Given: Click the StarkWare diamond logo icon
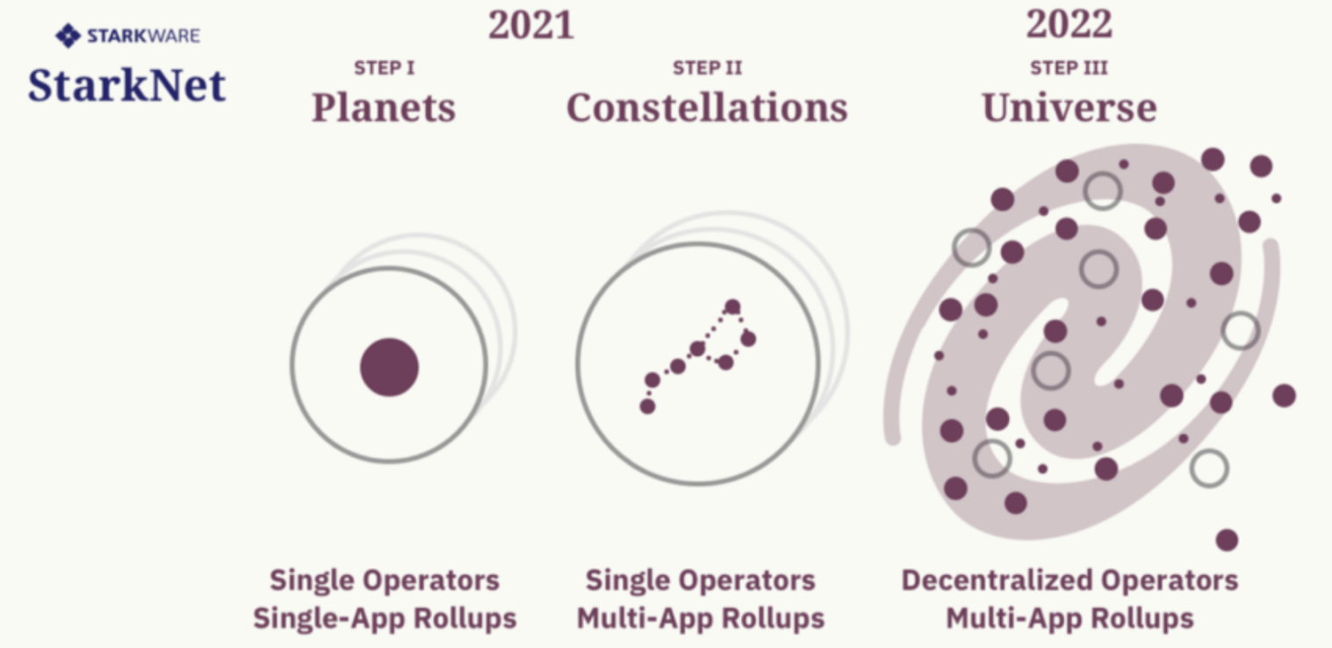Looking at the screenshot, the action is click(x=68, y=36).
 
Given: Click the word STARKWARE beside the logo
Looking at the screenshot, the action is click(x=143, y=36).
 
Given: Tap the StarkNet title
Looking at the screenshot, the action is click(x=126, y=85).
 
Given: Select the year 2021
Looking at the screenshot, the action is click(x=531, y=25).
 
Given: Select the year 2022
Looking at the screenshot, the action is click(x=1069, y=25).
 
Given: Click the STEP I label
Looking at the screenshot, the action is click(x=384, y=68).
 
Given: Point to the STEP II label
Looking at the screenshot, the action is click(x=707, y=68).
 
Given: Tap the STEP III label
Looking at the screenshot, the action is click(x=1069, y=68).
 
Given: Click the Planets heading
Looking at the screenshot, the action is click(x=384, y=108).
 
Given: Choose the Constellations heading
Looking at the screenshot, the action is click(x=707, y=108).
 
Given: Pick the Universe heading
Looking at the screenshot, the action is click(x=1069, y=108).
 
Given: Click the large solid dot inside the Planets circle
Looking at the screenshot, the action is click(x=390, y=367).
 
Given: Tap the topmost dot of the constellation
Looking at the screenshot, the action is click(x=732, y=306).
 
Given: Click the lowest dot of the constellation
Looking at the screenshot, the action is click(x=648, y=407).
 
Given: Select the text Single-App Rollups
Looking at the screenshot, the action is click(x=385, y=618).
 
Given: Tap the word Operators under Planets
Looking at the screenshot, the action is click(x=431, y=580).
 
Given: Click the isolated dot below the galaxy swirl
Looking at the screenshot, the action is click(x=1227, y=540).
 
